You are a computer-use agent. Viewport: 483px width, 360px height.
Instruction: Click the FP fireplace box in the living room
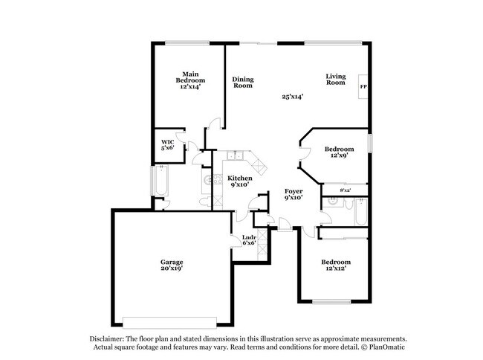click(x=363, y=86)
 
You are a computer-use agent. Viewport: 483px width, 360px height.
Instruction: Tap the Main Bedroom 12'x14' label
click(x=190, y=80)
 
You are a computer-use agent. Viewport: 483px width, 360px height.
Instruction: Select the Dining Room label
click(x=243, y=83)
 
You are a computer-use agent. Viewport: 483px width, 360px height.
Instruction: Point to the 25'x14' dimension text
click(x=292, y=97)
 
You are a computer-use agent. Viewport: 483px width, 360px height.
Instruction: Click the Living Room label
click(x=336, y=79)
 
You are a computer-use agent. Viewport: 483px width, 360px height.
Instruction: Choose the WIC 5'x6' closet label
click(x=168, y=145)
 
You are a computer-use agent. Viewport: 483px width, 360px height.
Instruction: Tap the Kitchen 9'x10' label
click(x=240, y=181)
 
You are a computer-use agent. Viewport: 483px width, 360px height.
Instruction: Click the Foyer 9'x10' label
click(x=294, y=194)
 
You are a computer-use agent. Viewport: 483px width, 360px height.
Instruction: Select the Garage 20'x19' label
click(x=172, y=265)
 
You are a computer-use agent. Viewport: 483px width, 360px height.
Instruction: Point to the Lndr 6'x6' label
click(x=249, y=240)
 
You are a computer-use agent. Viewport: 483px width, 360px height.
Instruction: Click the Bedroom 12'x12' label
click(x=336, y=265)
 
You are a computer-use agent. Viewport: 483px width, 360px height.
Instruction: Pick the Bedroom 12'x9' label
click(x=339, y=152)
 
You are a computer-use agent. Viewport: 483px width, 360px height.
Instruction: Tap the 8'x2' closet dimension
click(x=346, y=190)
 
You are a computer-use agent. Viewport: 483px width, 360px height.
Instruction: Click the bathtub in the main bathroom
click(x=161, y=181)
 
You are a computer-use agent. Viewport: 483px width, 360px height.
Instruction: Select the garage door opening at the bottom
click(x=169, y=322)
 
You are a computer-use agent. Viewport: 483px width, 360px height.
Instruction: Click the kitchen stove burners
click(x=218, y=179)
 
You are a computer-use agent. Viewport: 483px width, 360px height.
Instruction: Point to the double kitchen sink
click(x=235, y=155)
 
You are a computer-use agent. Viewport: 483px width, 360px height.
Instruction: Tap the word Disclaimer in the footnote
click(x=107, y=339)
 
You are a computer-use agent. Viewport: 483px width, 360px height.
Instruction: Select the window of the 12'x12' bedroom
click(x=331, y=302)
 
